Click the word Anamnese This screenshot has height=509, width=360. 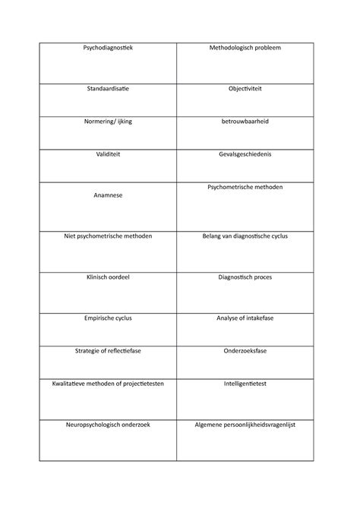click(x=107, y=195)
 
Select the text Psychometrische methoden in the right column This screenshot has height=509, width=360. click(x=245, y=187)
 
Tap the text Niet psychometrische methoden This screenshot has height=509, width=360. click(x=107, y=236)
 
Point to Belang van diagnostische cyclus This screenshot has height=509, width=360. click(x=245, y=236)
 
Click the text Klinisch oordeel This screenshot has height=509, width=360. click(x=107, y=277)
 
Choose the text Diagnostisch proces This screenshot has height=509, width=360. click(x=245, y=277)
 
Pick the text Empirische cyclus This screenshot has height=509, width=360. click(x=107, y=318)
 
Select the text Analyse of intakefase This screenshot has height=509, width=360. click(x=245, y=318)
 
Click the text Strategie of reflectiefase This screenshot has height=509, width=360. click(x=107, y=351)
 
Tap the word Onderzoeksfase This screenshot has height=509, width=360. click(x=245, y=351)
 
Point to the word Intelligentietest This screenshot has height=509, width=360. click(x=245, y=384)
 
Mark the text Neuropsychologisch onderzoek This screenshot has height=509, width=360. click(x=107, y=425)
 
